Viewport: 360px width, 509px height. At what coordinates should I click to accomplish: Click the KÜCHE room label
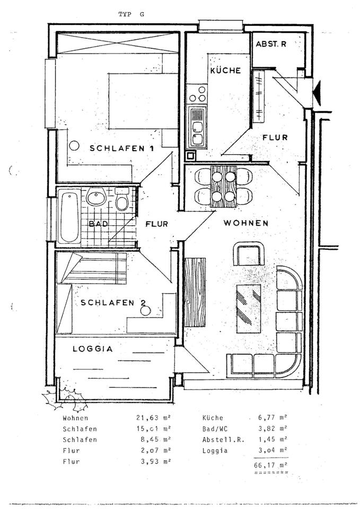[225, 71]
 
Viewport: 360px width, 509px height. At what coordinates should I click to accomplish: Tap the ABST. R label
[271, 45]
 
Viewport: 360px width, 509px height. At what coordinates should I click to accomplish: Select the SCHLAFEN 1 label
[121, 148]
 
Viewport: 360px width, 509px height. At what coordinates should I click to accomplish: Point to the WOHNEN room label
[245, 223]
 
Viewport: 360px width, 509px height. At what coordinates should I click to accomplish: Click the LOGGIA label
[92, 349]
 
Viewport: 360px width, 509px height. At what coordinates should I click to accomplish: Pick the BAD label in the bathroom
[99, 224]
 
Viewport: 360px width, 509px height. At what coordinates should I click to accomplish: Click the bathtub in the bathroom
[69, 216]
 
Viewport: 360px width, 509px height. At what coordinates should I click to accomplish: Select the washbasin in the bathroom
[96, 198]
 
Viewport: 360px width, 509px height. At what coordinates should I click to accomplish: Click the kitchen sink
[197, 126]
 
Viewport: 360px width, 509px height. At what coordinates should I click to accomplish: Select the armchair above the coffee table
[249, 254]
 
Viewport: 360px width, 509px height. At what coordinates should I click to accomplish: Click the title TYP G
[130, 15]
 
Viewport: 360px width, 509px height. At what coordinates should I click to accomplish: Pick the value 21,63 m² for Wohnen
[154, 418]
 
